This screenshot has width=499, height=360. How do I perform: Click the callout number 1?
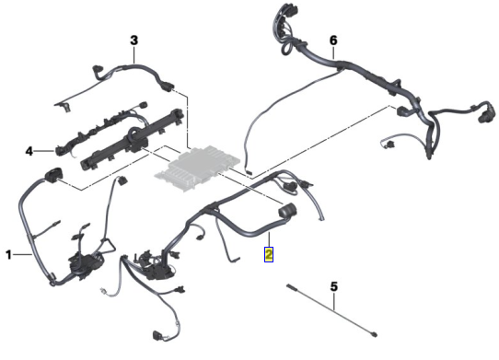[x=8, y=255]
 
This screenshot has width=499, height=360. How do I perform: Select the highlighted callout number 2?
[x=269, y=255]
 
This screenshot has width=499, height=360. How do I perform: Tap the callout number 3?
[x=134, y=41]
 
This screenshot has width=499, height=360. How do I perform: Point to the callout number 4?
[x=29, y=151]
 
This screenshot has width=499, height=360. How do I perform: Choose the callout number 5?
[x=334, y=286]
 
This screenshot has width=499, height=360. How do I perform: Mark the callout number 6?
[x=333, y=41]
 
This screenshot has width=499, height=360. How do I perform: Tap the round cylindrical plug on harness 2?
[x=287, y=210]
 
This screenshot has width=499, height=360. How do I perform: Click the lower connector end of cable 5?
[x=375, y=334]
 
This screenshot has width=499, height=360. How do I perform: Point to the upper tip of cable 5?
[x=287, y=285]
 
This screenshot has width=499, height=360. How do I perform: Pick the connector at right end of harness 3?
[x=168, y=86]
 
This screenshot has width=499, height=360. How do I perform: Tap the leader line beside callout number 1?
[x=22, y=254]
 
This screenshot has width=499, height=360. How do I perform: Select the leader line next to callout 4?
[x=43, y=151]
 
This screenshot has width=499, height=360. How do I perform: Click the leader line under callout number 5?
[x=334, y=301]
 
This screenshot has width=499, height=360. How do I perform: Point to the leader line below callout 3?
[x=134, y=54]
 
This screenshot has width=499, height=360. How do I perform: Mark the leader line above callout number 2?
[x=269, y=239]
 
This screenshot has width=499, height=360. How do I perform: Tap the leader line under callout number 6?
[x=333, y=52]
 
